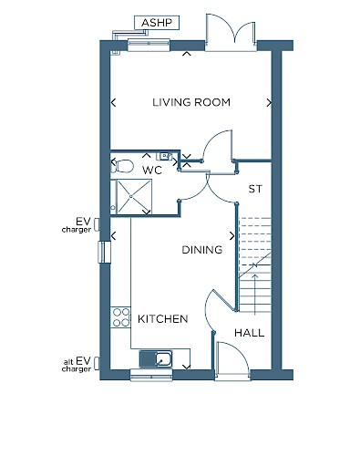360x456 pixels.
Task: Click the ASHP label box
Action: point(157,23)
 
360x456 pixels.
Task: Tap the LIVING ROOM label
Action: point(191,102)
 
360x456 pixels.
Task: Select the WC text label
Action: point(152,171)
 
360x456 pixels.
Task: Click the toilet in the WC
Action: point(122,166)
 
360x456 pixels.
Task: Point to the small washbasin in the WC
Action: point(164,156)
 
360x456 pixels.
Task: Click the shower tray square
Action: point(134,197)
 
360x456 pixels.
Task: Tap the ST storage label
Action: point(255,189)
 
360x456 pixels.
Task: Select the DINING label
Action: point(202,250)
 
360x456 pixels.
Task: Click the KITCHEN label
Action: point(163,319)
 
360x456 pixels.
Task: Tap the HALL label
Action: point(249,333)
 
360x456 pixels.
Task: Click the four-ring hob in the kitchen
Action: point(120,317)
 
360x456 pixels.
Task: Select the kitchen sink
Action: point(156,359)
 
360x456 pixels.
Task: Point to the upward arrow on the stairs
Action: point(254,294)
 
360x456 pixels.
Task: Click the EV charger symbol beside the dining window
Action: point(97,224)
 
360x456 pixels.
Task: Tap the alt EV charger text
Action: point(77,365)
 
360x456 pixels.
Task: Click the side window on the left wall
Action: point(104,252)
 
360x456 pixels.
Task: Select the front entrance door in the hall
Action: point(232,361)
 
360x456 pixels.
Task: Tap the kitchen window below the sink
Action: point(151,375)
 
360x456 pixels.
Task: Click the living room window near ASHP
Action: point(149,45)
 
